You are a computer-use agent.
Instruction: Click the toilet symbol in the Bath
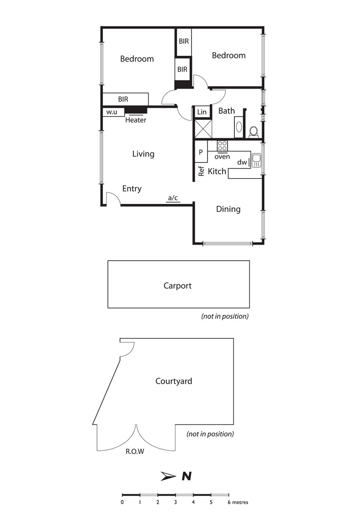point(254,131)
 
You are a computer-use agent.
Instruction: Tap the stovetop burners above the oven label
point(222,146)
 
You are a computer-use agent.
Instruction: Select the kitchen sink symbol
point(257,160)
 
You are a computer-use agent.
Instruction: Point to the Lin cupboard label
point(202,112)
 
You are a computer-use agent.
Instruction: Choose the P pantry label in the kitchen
point(201,153)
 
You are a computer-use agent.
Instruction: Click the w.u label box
point(112,112)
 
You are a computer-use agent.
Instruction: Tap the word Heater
point(136,120)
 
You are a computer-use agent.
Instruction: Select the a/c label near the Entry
point(173,198)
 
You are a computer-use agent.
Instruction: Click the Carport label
point(178,285)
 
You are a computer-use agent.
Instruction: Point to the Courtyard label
point(174,381)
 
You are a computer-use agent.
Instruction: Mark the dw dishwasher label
point(242,162)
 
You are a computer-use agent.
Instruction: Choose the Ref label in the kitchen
point(201,171)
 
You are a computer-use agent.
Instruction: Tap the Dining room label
point(228,209)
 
